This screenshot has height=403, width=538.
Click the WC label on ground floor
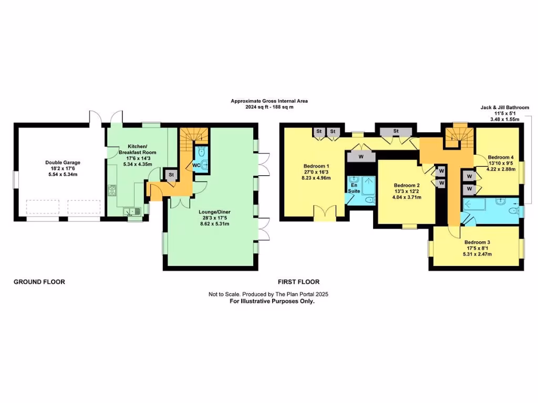tap(195, 165)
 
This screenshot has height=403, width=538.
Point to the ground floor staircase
tap(190, 140)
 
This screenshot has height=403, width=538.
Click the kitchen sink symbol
tap(132, 211)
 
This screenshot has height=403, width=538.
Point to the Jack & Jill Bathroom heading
tap(504, 108)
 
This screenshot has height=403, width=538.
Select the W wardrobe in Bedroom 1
tap(361, 156)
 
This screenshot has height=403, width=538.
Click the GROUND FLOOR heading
tap(39, 282)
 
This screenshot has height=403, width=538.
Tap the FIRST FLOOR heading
tap(299, 282)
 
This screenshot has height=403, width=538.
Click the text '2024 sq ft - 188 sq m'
tap(269, 107)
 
